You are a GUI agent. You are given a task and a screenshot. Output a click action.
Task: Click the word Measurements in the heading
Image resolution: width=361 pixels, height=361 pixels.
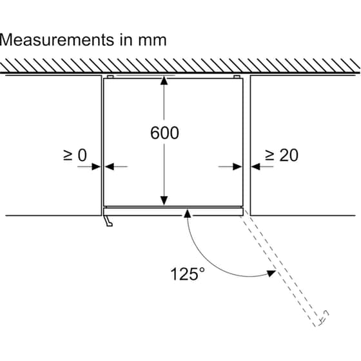(x=57, y=40)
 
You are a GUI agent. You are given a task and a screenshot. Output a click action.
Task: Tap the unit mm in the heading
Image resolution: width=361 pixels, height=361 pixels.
(x=152, y=40)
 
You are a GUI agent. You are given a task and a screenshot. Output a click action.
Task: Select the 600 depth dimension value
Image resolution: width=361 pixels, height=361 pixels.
(x=164, y=133)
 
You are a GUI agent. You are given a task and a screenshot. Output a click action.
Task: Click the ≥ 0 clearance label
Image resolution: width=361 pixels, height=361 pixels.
(x=75, y=155)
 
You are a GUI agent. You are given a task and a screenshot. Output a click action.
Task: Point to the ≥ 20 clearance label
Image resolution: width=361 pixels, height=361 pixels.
(x=282, y=155)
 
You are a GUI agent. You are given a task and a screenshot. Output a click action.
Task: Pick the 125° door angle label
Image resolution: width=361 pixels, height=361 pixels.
(x=188, y=274)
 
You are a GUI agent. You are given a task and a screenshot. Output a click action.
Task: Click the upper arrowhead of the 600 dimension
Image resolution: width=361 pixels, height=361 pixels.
(x=164, y=81)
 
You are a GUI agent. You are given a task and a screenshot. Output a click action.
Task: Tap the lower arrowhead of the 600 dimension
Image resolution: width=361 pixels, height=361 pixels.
(x=164, y=200)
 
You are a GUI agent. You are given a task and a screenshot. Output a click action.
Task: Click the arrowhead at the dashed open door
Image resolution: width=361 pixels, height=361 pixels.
(x=271, y=273)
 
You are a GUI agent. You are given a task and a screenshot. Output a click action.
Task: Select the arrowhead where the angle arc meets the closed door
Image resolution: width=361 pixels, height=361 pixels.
(x=188, y=213)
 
